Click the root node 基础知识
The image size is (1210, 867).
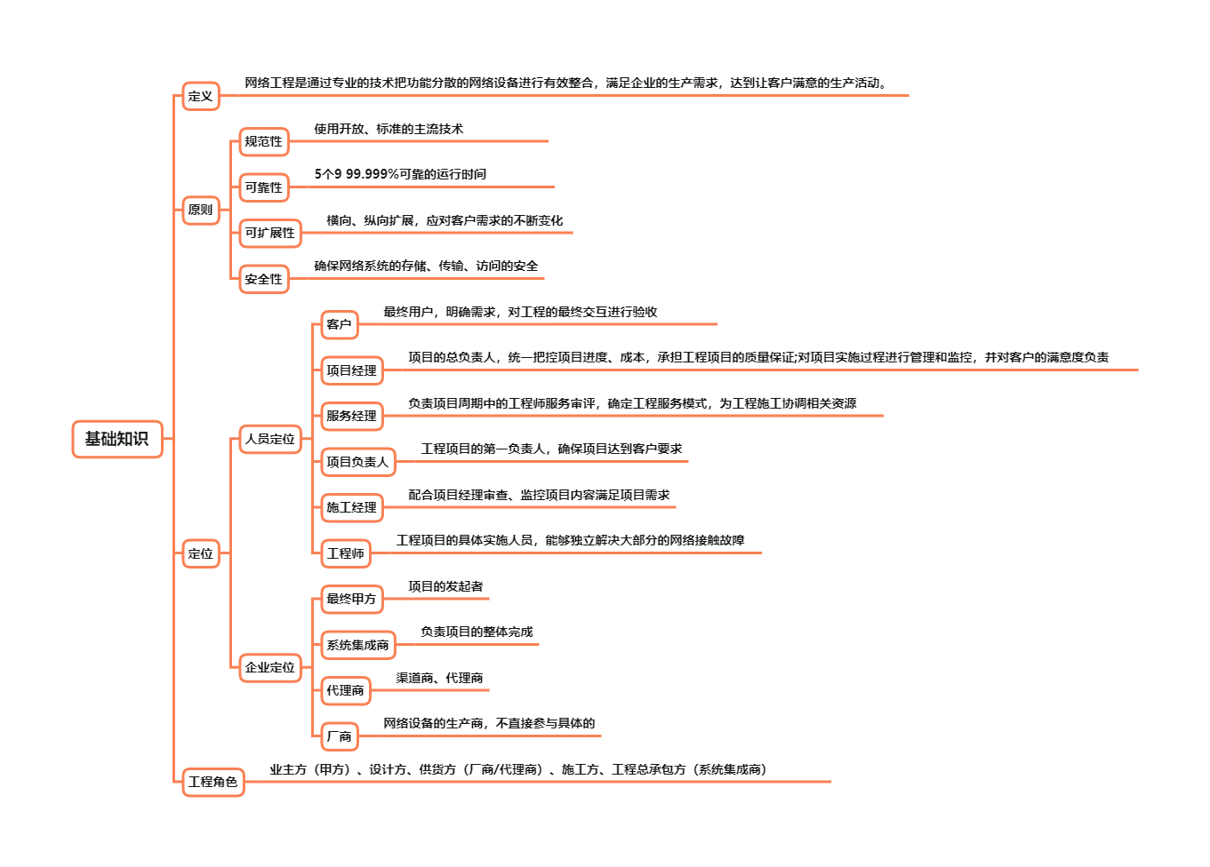pos(116,439)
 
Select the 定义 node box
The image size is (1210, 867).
pos(201,96)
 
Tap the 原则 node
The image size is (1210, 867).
pos(201,211)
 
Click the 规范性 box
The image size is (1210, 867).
pos(264,141)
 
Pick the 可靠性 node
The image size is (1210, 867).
pos(264,187)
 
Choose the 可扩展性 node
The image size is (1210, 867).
pos(270,233)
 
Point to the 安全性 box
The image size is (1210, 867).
pos(264,279)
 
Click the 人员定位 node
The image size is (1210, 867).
pos(270,439)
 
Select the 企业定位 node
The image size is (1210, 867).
pos(270,667)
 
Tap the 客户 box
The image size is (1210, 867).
pos(339,324)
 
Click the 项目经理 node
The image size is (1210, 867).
pos(351,370)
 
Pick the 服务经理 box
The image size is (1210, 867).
pos(351,416)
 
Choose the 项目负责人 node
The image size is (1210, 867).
pos(357,462)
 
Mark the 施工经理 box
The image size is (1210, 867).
pos(351,507)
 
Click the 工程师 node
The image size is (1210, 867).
pos(345,553)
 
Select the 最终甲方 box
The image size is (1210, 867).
pos(351,599)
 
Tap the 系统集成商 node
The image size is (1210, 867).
pos(357,645)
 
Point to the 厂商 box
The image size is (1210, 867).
pos(339,736)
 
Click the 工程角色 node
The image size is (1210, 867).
pos(212,782)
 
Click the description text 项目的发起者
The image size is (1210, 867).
pos(445,586)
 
